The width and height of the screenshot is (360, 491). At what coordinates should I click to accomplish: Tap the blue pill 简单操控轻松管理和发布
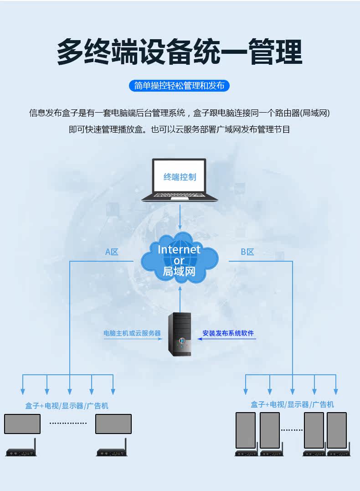(180, 85)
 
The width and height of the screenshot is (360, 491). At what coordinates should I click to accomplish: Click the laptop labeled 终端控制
(180, 180)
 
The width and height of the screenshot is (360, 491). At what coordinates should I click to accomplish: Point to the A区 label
(112, 252)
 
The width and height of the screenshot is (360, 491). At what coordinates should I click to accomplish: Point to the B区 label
(247, 252)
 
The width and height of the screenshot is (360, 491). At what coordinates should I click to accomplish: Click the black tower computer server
(180, 334)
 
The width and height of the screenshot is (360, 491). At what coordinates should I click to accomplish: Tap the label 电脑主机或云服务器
(132, 333)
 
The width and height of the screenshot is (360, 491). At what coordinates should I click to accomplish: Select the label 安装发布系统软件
(228, 333)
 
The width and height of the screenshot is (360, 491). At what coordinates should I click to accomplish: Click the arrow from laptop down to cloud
(180, 217)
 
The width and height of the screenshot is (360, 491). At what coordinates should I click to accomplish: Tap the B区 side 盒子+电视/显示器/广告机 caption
(292, 404)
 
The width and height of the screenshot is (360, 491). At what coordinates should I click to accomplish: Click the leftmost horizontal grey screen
(22, 424)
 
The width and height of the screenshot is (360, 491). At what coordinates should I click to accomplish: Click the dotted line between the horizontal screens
(68, 424)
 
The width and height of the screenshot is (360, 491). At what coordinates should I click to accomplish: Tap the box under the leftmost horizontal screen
(21, 453)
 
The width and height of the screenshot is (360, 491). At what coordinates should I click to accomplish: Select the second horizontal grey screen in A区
(113, 424)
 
